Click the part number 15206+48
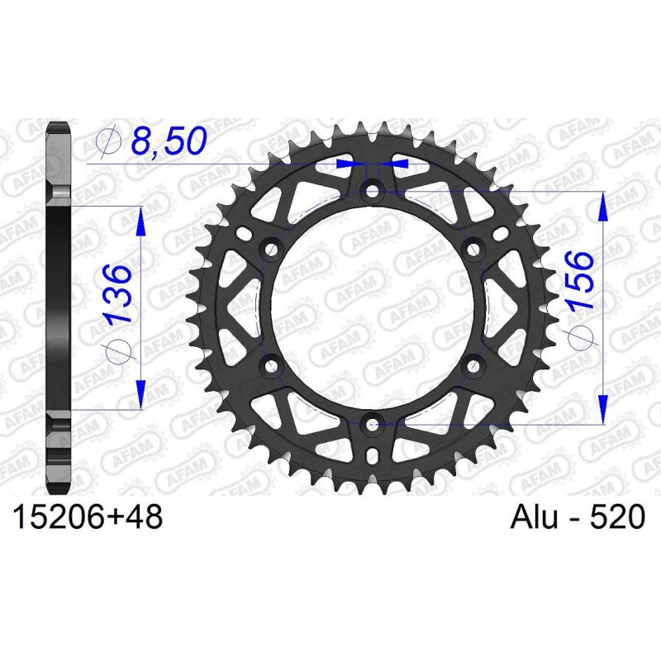[87, 518]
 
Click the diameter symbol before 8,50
[109, 143]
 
